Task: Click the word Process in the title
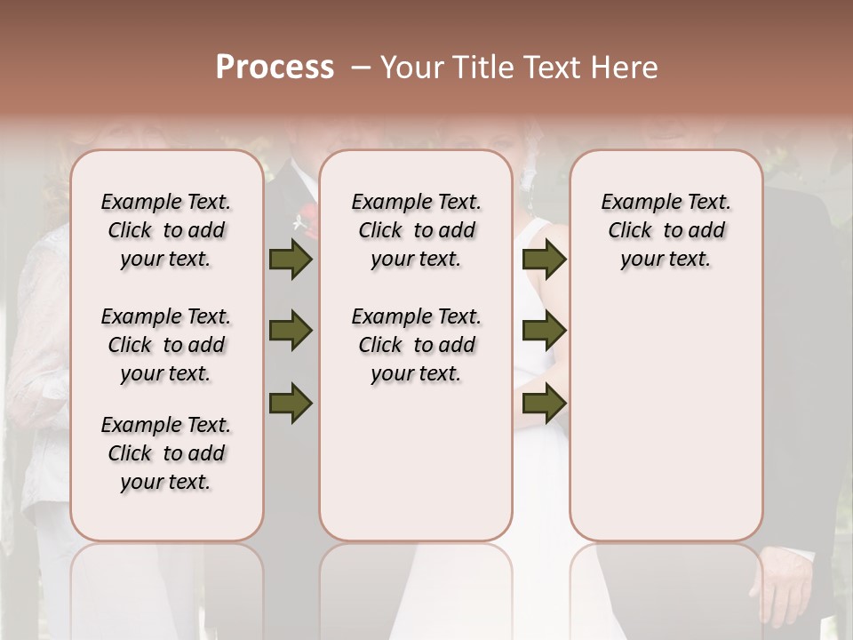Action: click(x=275, y=68)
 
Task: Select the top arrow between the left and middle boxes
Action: click(x=291, y=260)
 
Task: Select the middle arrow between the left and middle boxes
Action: click(x=291, y=332)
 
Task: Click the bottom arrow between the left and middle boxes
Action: click(x=291, y=403)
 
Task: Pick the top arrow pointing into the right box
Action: click(x=544, y=260)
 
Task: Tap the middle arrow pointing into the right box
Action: click(x=544, y=332)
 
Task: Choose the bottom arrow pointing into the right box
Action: click(x=544, y=403)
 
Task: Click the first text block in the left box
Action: click(x=166, y=230)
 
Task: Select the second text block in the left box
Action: click(x=166, y=345)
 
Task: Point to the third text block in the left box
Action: click(x=166, y=453)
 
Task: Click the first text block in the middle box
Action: click(x=416, y=230)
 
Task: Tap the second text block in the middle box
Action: click(x=416, y=345)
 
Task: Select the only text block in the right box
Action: click(x=666, y=230)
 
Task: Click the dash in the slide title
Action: click(x=360, y=68)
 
